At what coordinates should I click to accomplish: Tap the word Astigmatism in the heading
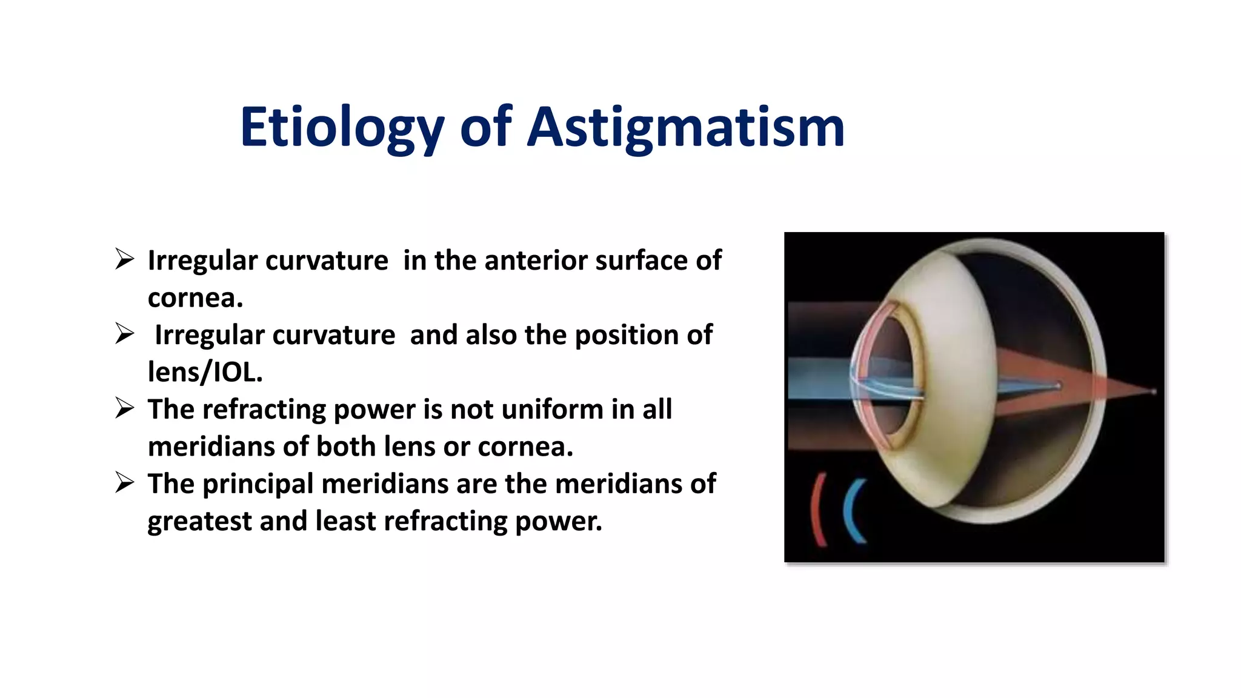(686, 128)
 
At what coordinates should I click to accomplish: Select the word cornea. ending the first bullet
(195, 297)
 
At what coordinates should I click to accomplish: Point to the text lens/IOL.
(205, 372)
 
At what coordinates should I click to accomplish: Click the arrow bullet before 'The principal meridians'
(125, 483)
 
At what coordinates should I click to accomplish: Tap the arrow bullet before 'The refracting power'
(125, 408)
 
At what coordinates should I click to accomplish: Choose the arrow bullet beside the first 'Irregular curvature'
(125, 259)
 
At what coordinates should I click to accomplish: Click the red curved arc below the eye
(817, 509)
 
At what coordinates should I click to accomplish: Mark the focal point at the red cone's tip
(1154, 392)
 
